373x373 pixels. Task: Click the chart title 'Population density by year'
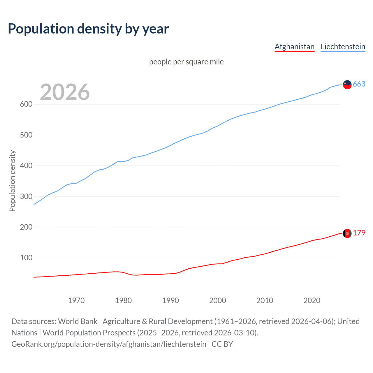coord(88,29)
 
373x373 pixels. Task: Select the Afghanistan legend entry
coord(294,47)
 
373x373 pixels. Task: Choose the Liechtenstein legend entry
coord(343,47)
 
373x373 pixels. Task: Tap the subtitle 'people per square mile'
coord(186,62)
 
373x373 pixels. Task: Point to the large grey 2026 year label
coord(65,92)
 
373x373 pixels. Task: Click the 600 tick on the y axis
coord(26,104)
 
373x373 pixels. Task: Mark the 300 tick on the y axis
coord(26,196)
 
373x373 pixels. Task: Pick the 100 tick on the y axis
coord(26,258)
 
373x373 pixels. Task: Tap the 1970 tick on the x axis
coord(76,300)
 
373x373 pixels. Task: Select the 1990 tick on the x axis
coord(170,300)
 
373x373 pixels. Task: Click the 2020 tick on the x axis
coord(312,300)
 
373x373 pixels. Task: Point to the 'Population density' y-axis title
coord(12,181)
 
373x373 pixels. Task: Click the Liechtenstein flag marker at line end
coord(347,85)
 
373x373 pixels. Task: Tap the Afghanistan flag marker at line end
coord(347,233)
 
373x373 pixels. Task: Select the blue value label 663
coord(359,84)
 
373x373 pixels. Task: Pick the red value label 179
coord(359,233)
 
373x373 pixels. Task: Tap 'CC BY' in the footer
coord(222,344)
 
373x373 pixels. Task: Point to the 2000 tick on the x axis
coord(218,300)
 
